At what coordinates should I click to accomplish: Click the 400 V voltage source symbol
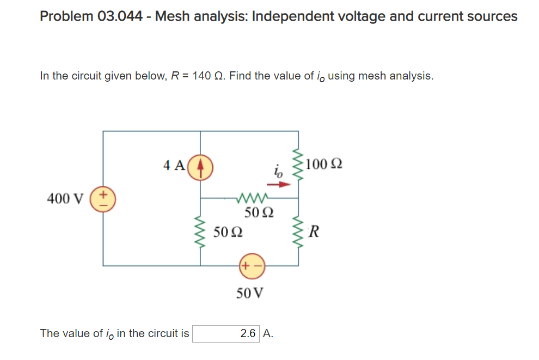103,198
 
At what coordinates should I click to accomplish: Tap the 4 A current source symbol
201,165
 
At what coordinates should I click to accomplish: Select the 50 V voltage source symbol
251,265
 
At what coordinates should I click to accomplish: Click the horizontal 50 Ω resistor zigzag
251,198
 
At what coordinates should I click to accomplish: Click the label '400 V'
65,198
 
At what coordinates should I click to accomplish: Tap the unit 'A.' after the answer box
268,333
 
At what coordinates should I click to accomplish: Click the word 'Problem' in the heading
66,16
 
